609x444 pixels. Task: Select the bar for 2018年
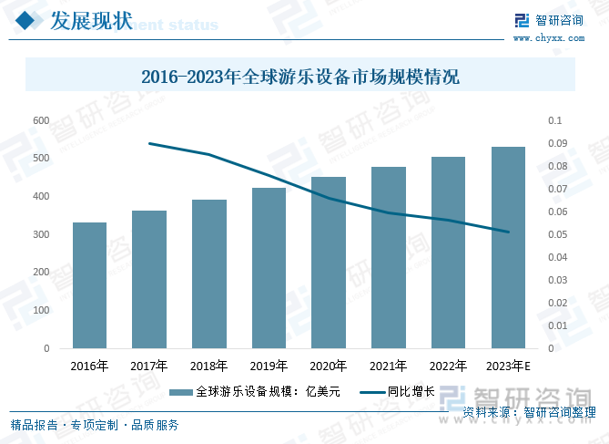pos(208,274)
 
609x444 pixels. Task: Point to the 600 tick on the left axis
pos(41,120)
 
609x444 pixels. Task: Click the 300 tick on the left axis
pos(41,234)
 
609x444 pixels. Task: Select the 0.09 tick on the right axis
pos(556,143)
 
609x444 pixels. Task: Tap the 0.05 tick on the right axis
pos(556,234)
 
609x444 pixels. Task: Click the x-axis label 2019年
pos(269,367)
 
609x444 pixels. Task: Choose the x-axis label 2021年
pos(388,367)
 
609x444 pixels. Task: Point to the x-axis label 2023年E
pos(508,367)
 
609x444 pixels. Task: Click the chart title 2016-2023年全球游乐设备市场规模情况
pos(301,78)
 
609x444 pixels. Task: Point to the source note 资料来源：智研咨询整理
pos(529,412)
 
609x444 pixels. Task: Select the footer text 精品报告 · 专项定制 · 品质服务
pos(95,425)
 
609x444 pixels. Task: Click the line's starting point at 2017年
pos(148,143)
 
